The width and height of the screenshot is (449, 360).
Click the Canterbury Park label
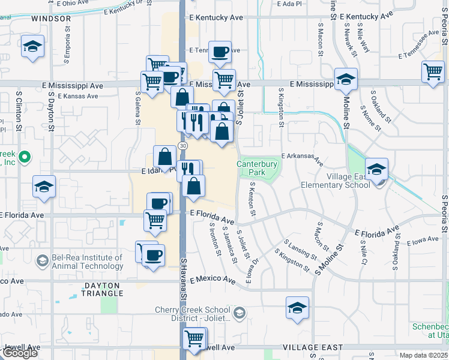coord(257,167)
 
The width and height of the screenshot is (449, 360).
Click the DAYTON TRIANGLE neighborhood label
coord(95,290)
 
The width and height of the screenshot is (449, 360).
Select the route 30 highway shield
coord(182,146)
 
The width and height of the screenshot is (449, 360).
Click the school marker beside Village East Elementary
coord(376,170)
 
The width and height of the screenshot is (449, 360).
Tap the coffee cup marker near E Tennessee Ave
coord(220,52)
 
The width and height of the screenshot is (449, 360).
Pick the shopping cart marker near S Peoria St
coord(433,73)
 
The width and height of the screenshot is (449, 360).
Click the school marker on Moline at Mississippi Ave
coord(346,80)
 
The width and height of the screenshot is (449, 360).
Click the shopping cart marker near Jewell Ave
coord(194,339)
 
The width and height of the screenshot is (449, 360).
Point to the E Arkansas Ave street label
coord(301,157)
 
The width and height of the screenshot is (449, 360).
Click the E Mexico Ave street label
coord(213,280)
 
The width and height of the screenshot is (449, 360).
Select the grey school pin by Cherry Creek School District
coord(240,313)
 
